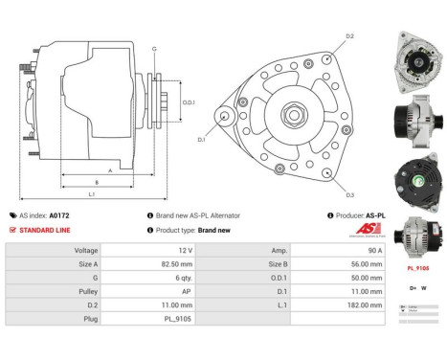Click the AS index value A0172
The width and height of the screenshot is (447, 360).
click(x=59, y=216)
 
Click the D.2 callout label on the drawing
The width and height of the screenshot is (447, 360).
click(x=349, y=36)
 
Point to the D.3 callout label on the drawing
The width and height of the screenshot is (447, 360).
click(x=349, y=194)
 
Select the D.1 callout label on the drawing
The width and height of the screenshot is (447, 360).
click(x=202, y=140)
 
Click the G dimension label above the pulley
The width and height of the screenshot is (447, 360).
click(x=154, y=48)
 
